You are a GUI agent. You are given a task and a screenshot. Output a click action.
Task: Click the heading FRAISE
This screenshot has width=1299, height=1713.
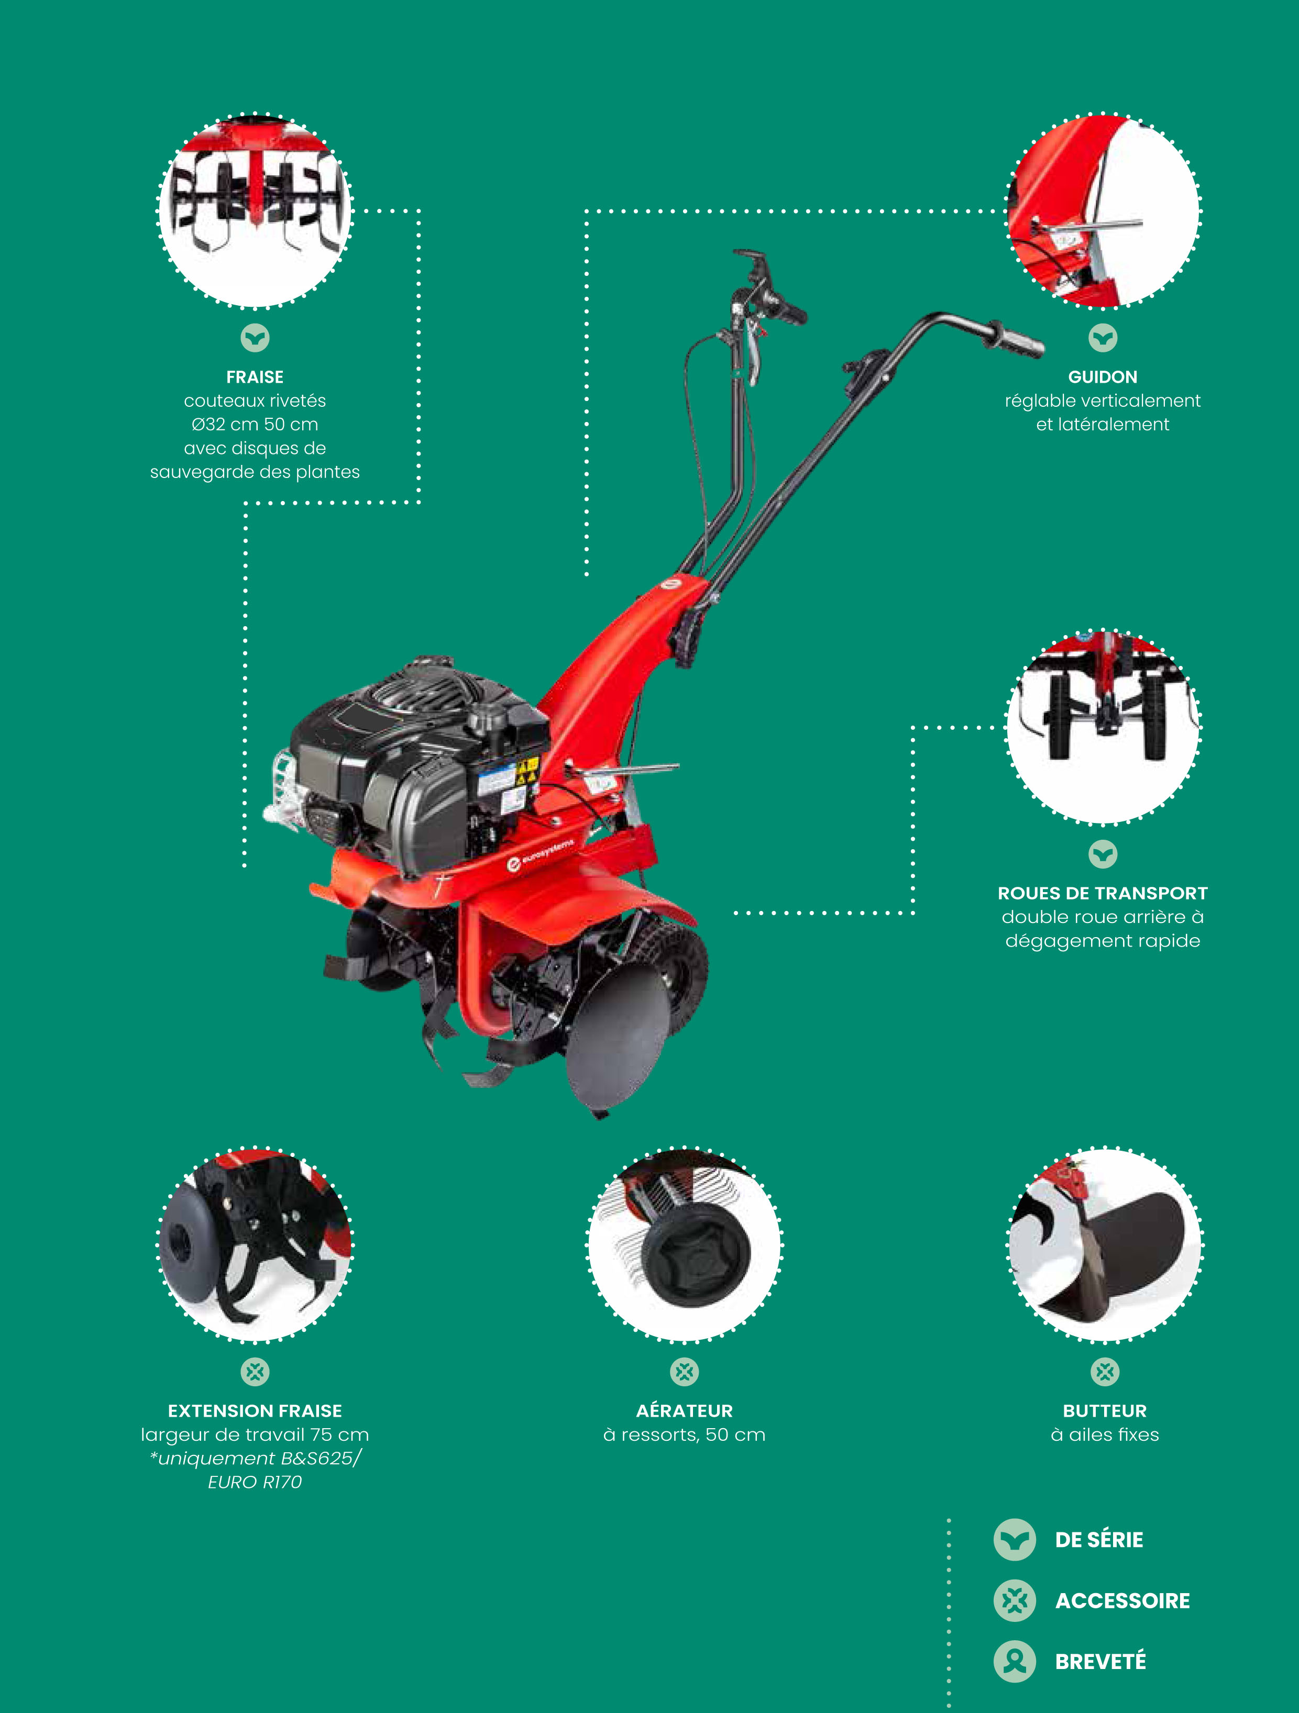[x=255, y=377]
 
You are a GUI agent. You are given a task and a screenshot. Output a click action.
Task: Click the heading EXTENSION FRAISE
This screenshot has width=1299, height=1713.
[x=255, y=1410]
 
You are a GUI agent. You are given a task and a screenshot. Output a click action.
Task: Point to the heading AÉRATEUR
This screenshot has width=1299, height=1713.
[x=684, y=1410]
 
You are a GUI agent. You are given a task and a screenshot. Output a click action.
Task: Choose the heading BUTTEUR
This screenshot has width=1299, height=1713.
[x=1105, y=1410]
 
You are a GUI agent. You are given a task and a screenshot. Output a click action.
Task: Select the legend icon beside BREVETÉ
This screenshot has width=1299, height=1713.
[x=1015, y=1661]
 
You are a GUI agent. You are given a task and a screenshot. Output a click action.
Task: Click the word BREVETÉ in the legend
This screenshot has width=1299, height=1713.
[x=1100, y=1661]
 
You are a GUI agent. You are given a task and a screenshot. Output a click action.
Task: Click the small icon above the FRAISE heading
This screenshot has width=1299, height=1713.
[x=255, y=338]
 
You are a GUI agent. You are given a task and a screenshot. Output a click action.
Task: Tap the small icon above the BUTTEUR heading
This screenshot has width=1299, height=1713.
[x=1105, y=1372]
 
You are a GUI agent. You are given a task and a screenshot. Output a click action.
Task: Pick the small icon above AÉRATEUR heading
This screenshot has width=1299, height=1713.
[x=684, y=1372]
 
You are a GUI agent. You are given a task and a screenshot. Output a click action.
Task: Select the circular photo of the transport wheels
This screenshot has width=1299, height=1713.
[x=1103, y=726]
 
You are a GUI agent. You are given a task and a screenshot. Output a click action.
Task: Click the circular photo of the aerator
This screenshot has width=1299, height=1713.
[x=684, y=1244]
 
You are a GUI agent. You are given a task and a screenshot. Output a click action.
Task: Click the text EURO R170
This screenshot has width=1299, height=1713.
[x=255, y=1482]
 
